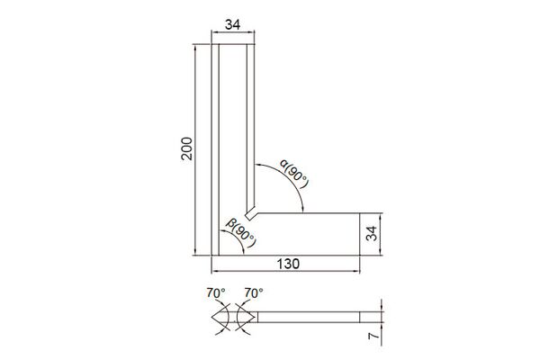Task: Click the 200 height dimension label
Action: click(x=186, y=148)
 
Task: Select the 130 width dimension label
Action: click(x=288, y=264)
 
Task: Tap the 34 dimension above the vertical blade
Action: click(x=233, y=25)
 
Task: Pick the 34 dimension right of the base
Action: click(x=372, y=234)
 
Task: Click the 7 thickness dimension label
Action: click(x=373, y=335)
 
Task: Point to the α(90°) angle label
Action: click(x=293, y=174)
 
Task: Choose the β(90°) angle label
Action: click(x=241, y=232)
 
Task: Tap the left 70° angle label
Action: click(x=216, y=292)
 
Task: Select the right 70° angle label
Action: click(x=254, y=292)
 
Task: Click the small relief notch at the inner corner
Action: click(x=251, y=213)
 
